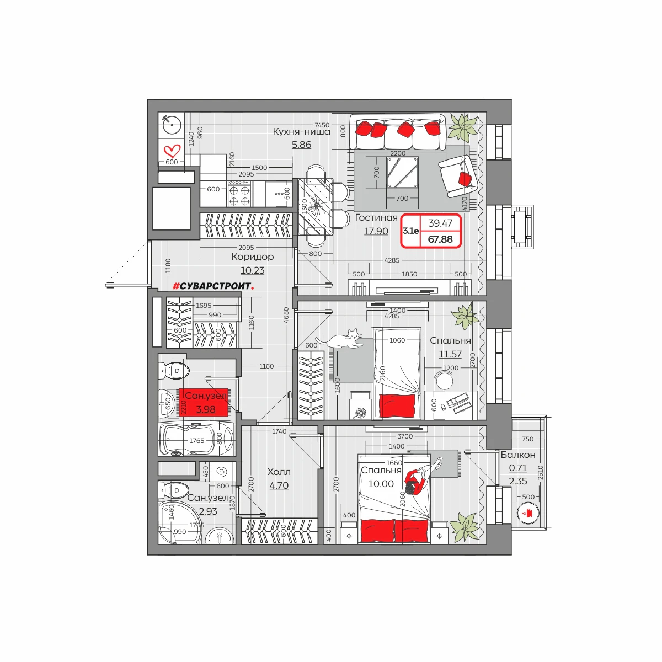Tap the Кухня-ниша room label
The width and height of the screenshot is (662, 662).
point(301,132)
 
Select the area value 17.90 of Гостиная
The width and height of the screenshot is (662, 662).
point(376,231)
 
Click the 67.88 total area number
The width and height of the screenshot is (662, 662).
point(440,239)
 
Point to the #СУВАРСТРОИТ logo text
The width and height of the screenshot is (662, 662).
point(213,286)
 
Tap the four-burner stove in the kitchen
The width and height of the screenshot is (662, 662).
point(239,194)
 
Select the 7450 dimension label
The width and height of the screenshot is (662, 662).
point(322,125)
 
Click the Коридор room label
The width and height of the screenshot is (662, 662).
point(253,257)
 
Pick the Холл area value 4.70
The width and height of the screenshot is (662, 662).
point(279,485)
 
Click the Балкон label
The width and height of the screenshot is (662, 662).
point(517,455)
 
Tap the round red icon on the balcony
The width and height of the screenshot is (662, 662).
point(528,513)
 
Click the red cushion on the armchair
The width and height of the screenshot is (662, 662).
point(466,179)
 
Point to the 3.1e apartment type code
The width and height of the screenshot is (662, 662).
point(411,231)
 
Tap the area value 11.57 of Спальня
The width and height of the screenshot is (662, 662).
point(450,354)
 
